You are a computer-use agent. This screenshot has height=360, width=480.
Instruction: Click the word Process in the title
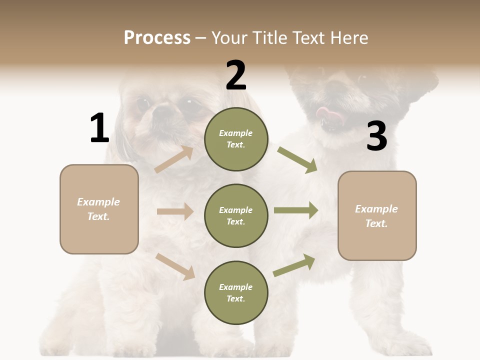point(157,37)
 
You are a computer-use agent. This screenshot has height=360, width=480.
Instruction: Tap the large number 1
point(99,128)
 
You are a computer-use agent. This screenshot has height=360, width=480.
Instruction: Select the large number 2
point(236,75)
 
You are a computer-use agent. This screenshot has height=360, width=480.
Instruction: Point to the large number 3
point(376,136)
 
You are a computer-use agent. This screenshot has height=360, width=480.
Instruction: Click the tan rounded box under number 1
point(99,209)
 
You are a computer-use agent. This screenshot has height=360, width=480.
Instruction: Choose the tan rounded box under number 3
point(377,215)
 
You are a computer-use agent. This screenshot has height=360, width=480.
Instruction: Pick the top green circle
point(236,139)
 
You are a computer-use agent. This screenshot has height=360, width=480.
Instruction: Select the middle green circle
point(236,215)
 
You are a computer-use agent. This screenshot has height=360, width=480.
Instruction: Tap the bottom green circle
point(236,292)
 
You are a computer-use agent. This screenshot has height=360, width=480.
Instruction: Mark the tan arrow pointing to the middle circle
point(175,211)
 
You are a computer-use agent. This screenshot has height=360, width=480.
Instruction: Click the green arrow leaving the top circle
point(297,159)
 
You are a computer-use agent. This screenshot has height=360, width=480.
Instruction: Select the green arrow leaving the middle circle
point(296,210)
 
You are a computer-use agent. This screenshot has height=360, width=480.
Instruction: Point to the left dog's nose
point(162,113)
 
